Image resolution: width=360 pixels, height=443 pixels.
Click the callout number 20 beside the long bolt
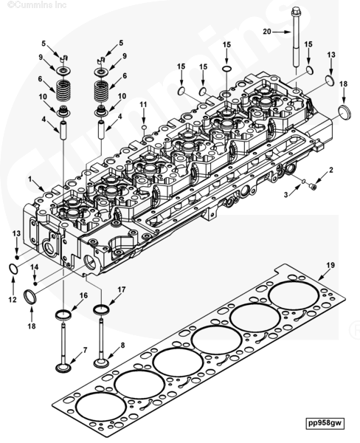pyautogui.click(x=267, y=32)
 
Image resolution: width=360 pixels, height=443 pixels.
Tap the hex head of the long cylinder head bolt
pyautogui.click(x=295, y=12)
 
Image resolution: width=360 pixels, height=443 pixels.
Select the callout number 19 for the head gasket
pyautogui.click(x=330, y=265)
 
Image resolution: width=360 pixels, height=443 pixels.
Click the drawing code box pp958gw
pyautogui.click(x=325, y=422)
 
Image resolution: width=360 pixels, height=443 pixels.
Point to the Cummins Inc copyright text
pyautogui.click(x=37, y=5)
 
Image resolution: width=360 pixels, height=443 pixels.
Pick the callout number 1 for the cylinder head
pyautogui.click(x=30, y=179)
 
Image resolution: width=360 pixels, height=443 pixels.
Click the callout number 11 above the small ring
pyautogui.click(x=143, y=105)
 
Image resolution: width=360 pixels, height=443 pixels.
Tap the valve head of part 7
pyautogui.click(x=63, y=368)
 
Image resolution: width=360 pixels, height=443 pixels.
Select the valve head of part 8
pyautogui.click(x=101, y=363)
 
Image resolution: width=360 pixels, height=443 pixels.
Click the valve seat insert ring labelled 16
pyautogui.click(x=63, y=315)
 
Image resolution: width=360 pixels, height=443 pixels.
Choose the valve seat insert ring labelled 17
pyautogui.click(x=101, y=309)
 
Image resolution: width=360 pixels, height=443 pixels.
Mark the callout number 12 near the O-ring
pyautogui.click(x=13, y=300)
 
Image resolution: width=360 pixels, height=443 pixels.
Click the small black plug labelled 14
pyautogui.click(x=35, y=284)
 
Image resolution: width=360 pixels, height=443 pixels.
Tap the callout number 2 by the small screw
pyautogui.click(x=331, y=170)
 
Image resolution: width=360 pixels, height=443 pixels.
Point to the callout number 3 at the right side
pyautogui.click(x=285, y=194)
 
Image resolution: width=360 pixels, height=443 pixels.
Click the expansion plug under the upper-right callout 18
pyautogui.click(x=345, y=112)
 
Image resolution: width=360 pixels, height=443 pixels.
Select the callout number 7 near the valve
pyautogui.click(x=85, y=350)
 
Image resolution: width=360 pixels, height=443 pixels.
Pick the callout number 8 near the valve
pyautogui.click(x=122, y=345)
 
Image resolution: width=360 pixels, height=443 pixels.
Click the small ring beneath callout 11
pyautogui.click(x=144, y=127)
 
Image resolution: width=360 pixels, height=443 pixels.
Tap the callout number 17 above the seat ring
pyautogui.click(x=122, y=289)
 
